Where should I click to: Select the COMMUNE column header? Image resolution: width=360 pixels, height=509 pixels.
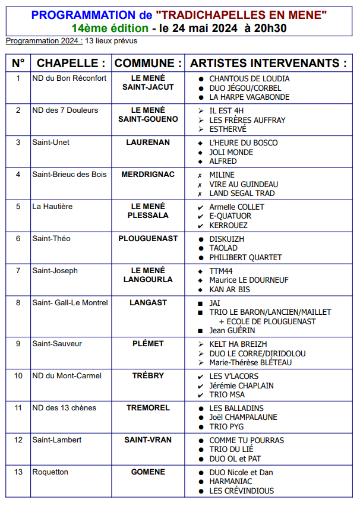coord(148,63)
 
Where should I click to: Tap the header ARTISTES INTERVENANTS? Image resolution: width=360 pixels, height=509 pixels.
coord(268,63)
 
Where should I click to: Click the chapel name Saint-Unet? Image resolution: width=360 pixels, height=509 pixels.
coord(50,143)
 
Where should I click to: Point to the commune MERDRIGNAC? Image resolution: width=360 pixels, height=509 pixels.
coord(148,175)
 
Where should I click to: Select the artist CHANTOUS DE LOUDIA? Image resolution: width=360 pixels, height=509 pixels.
coord(250,78)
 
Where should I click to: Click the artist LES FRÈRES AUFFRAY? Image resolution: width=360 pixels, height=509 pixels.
coord(247,120)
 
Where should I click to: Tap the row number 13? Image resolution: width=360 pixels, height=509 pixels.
coord(18,472)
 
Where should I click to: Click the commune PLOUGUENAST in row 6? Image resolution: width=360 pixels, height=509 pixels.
coord(148,239)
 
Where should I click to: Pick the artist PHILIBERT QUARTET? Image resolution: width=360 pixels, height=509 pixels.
coord(245,257)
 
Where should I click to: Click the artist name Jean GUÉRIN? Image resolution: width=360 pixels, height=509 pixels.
coord(232,330)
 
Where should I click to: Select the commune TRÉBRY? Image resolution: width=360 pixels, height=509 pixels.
coord(148,376)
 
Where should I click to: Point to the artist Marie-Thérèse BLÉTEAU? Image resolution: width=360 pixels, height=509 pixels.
coord(251,362)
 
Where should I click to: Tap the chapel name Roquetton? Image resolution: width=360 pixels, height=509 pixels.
coord(50,472)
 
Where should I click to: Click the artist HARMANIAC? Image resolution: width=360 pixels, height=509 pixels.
coord(230,481)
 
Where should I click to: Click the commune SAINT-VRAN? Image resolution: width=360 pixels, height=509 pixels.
coord(148,440)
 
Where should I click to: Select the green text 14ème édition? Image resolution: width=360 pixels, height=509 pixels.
coord(110,28)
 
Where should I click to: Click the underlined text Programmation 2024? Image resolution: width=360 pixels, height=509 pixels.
coord(43,40)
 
